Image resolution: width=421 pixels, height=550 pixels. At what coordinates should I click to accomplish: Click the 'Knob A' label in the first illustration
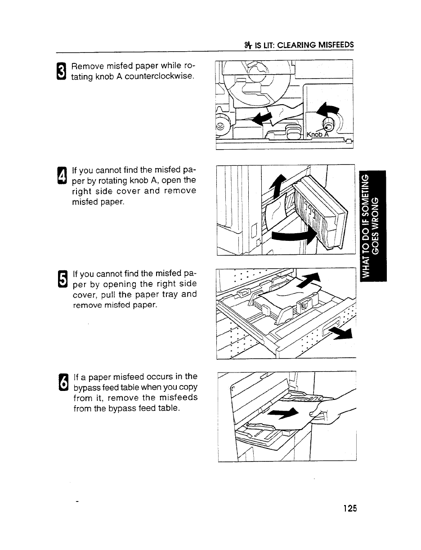(318, 134)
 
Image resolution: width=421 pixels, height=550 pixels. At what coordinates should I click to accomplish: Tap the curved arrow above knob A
(327, 110)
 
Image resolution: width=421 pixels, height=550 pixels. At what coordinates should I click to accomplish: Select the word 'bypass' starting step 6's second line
(86, 387)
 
